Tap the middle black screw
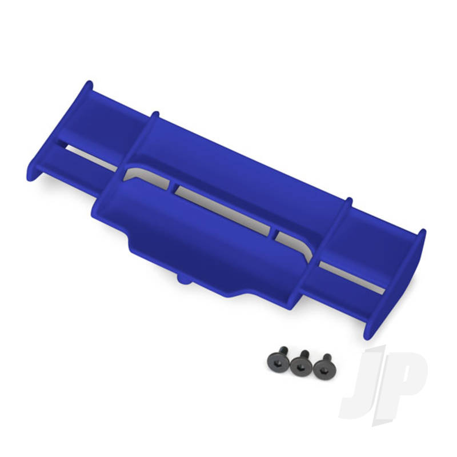300,366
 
